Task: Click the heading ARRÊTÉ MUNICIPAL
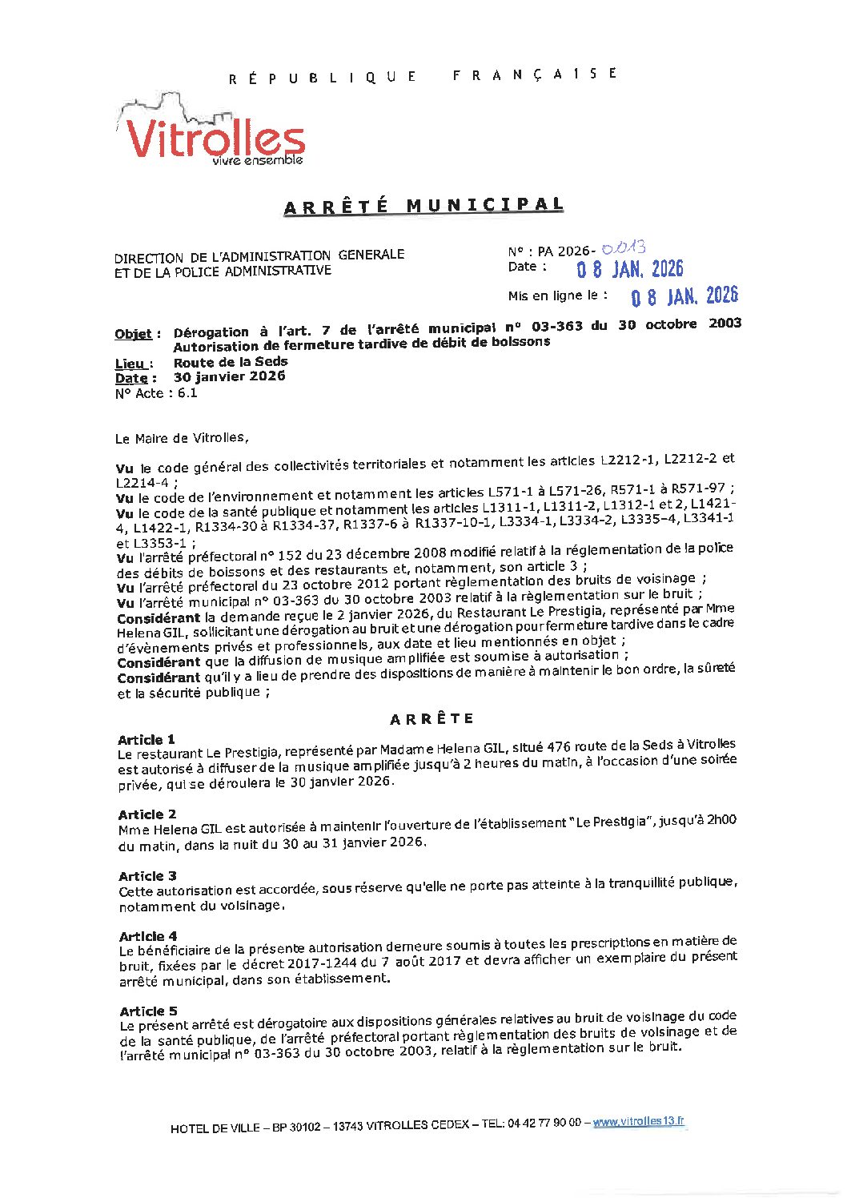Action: [423, 206]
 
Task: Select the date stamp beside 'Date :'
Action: [630, 269]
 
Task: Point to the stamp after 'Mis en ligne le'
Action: [684, 297]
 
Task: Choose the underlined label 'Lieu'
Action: [133, 364]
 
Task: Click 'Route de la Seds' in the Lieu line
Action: [231, 362]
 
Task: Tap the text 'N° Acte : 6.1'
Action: [156, 393]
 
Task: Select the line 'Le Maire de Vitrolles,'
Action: [182, 438]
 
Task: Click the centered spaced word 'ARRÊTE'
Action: [432, 719]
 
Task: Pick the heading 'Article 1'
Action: [147, 740]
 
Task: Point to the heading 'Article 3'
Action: [148, 876]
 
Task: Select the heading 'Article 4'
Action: [148, 936]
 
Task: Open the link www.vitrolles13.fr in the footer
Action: [639, 1122]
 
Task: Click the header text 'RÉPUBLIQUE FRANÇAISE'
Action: [423, 76]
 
